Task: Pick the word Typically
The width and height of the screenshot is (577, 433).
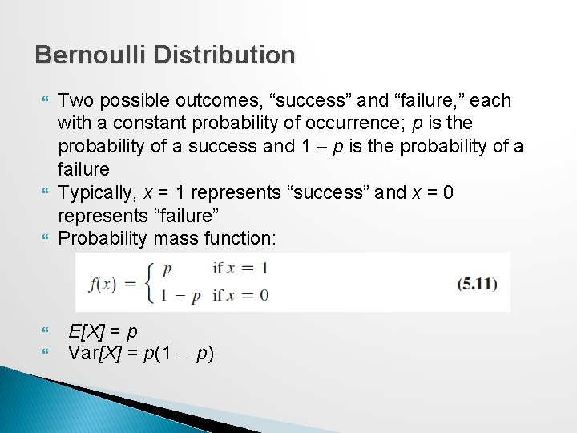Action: point(95,193)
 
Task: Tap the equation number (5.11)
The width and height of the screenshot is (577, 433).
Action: point(477,283)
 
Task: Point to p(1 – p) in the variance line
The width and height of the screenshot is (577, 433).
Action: point(176,353)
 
